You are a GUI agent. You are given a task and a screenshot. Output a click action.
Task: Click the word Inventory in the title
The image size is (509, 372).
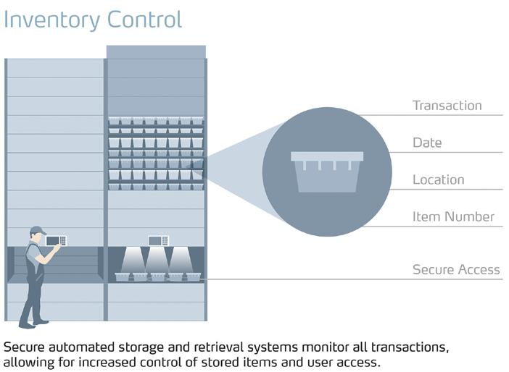51,20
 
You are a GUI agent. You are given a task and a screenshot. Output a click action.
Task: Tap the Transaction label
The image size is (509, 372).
447,106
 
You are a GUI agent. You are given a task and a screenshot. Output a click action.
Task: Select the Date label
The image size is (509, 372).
427,143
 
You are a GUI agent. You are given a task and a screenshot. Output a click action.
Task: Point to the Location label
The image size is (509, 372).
438,179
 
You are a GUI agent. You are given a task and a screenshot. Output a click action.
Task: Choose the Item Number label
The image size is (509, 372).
453,216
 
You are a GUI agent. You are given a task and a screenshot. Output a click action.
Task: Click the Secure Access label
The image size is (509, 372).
456,270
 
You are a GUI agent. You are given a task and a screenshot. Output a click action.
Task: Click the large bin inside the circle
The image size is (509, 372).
327,172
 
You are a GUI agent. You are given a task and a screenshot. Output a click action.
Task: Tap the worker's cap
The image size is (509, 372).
38,229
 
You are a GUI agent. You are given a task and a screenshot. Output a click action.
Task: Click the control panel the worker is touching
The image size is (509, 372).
56,241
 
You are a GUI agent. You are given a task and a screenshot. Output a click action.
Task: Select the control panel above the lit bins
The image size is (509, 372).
158,241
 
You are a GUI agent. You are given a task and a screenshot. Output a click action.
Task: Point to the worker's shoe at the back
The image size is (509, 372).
27,325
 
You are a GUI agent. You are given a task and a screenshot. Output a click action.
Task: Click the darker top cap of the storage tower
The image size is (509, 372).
156,52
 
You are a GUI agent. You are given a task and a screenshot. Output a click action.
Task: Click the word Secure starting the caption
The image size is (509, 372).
24,347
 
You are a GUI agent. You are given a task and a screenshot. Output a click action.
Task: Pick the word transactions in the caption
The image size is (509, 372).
410,347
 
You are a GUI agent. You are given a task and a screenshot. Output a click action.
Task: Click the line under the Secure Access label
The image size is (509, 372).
355,279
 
